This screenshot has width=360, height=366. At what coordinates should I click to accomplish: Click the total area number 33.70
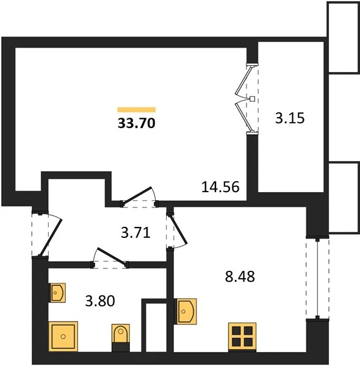click(x=137, y=123)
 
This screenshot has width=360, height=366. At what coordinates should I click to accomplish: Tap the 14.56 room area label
click(x=220, y=187)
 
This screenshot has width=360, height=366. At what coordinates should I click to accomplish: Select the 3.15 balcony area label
click(x=290, y=118)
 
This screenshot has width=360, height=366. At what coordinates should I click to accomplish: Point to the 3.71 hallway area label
click(x=135, y=233)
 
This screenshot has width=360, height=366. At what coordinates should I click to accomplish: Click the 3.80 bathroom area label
click(x=100, y=301)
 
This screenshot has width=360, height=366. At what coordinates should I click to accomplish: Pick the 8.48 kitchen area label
click(x=240, y=276)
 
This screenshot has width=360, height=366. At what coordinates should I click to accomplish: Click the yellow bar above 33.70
click(x=137, y=110)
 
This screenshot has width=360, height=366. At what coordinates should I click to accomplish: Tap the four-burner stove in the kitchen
click(x=242, y=337)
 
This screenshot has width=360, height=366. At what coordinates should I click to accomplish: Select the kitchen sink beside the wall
click(x=185, y=311)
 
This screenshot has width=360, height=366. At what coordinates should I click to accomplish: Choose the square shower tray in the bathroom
click(x=63, y=336)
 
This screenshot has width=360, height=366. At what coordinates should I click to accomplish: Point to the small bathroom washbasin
click(x=57, y=293)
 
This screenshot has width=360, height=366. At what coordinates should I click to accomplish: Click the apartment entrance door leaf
click(x=50, y=238)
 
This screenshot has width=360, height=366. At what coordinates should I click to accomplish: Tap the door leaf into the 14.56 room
click(x=137, y=196)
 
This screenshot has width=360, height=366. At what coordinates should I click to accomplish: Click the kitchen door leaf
click(x=179, y=230)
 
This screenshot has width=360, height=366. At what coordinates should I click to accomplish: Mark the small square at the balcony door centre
click(x=252, y=99)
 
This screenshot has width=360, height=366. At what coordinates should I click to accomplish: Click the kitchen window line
click(x=317, y=278)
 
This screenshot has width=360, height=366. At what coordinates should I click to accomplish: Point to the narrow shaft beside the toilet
click(x=154, y=326)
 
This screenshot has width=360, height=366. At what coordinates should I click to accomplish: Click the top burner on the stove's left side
click(x=236, y=331)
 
